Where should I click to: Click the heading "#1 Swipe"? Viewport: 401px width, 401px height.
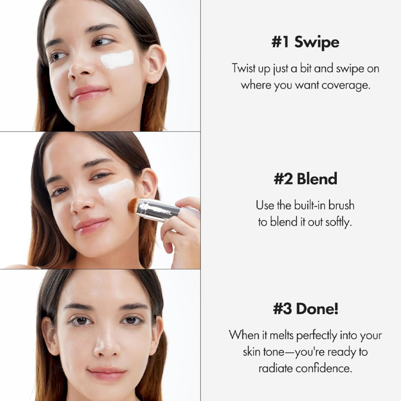coord(305,42)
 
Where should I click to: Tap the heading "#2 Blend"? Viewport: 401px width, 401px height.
coord(305,178)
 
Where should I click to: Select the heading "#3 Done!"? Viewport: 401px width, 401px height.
coord(306,308)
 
